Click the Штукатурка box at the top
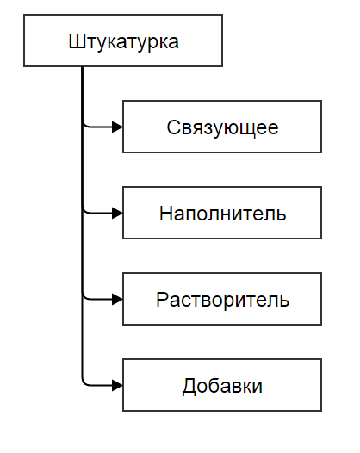pos(123,40)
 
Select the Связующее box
pos(222,127)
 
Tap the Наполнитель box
pos(222,213)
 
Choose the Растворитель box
pos(222,299)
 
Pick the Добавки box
pos(222,385)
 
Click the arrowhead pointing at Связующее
pos(117,127)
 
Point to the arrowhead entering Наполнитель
pos(117,213)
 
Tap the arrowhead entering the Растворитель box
pos(117,299)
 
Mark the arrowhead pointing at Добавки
pos(117,385)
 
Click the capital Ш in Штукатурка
pos(77,41)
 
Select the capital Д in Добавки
pos(189,387)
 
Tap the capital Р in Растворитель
pos(163,299)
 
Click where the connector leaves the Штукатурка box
pos(83,67)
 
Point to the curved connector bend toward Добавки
pos(84,382)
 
